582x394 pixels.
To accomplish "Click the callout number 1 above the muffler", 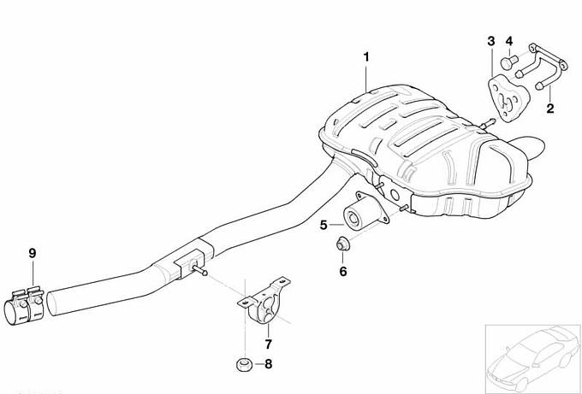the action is point(366,57).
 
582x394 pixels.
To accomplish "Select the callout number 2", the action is point(550,109).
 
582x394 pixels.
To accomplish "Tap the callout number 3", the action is point(491,41).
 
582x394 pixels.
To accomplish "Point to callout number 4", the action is point(509,41).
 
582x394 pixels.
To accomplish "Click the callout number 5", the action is point(324,225).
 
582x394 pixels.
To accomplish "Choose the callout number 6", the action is point(343,271).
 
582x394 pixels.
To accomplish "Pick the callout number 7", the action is point(268,344).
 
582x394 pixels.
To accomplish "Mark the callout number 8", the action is point(268,364).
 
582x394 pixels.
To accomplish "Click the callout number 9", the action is point(33,253).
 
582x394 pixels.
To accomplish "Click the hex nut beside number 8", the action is point(244,365).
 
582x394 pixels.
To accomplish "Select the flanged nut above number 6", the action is point(343,244).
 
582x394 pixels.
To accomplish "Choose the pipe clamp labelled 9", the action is point(24,306).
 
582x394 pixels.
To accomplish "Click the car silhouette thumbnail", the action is point(533,357).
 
